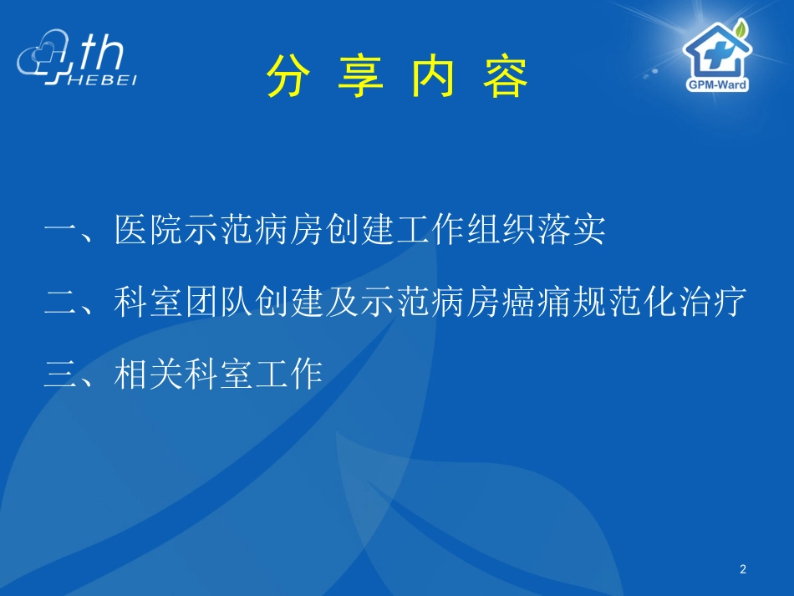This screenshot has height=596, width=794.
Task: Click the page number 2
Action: [x=743, y=570]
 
